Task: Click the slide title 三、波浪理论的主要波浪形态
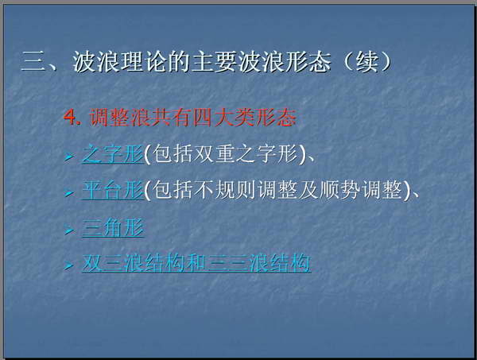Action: tap(176, 62)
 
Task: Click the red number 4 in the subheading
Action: tap(70, 117)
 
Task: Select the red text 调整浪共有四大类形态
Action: tap(193, 118)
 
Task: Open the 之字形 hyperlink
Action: tap(113, 154)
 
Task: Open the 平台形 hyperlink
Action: tap(113, 191)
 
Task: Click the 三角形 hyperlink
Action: tap(113, 228)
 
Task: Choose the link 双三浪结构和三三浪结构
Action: tap(196, 263)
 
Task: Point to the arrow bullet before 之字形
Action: tap(69, 157)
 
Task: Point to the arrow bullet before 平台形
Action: tap(69, 193)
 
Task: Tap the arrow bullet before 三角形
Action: tap(69, 230)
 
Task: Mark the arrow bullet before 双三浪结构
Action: tap(69, 265)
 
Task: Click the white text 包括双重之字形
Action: tap(225, 154)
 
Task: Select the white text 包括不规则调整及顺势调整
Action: tap(277, 191)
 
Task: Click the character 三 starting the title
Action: tap(33, 62)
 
